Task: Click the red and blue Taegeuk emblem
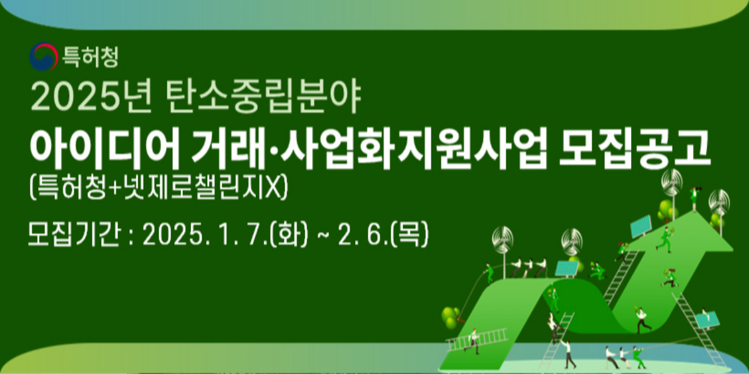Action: (x=43, y=57)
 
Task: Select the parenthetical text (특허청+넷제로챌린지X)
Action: (x=159, y=188)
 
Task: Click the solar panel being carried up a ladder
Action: (x=708, y=319)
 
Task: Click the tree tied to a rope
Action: (x=450, y=317)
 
